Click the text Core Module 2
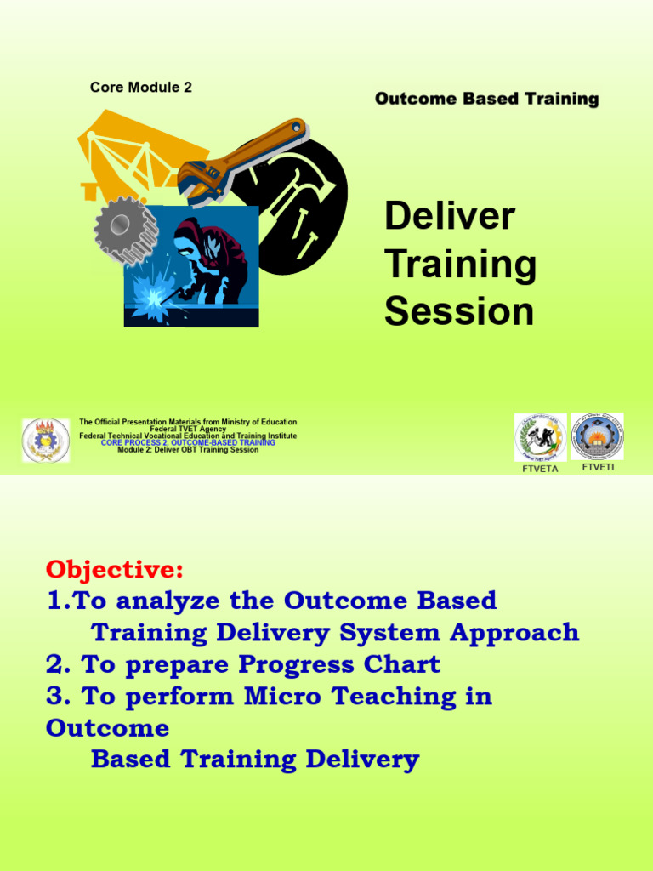[x=140, y=88]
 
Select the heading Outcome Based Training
[x=486, y=100]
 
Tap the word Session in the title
[x=459, y=311]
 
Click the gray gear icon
[x=123, y=229]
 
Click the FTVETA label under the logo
[x=538, y=469]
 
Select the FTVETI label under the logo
[x=597, y=468]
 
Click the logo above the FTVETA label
[x=540, y=437]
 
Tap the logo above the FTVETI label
[x=597, y=436]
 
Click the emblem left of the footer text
[x=46, y=440]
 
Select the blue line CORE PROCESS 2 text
[x=188, y=443]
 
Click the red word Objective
[x=114, y=568]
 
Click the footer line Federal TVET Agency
[x=188, y=429]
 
